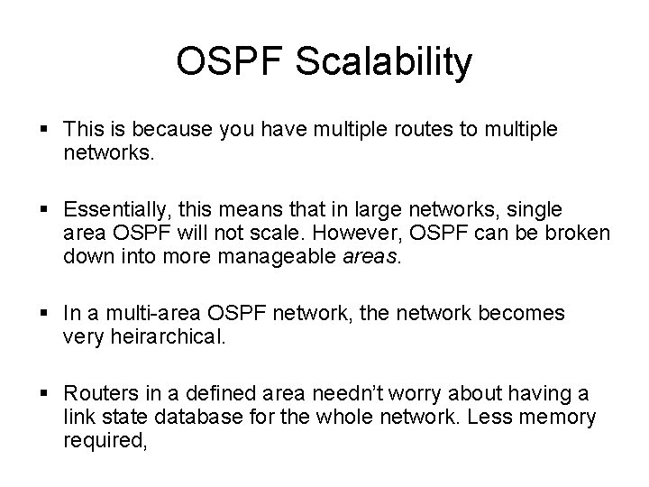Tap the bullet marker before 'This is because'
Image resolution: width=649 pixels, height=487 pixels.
[46, 130]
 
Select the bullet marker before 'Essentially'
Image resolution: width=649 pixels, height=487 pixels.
[46, 210]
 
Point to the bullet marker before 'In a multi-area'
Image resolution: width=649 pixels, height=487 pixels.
[46, 313]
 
